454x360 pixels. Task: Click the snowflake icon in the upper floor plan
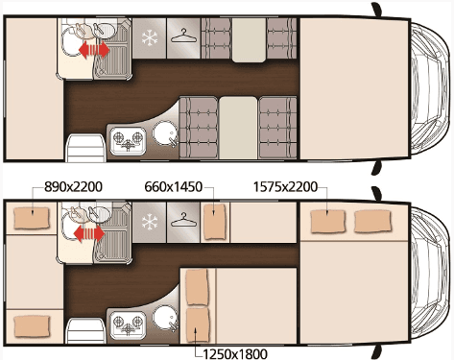[150, 38]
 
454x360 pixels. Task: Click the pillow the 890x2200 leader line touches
[31, 219]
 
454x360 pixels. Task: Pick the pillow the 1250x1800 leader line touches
[197, 322]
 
